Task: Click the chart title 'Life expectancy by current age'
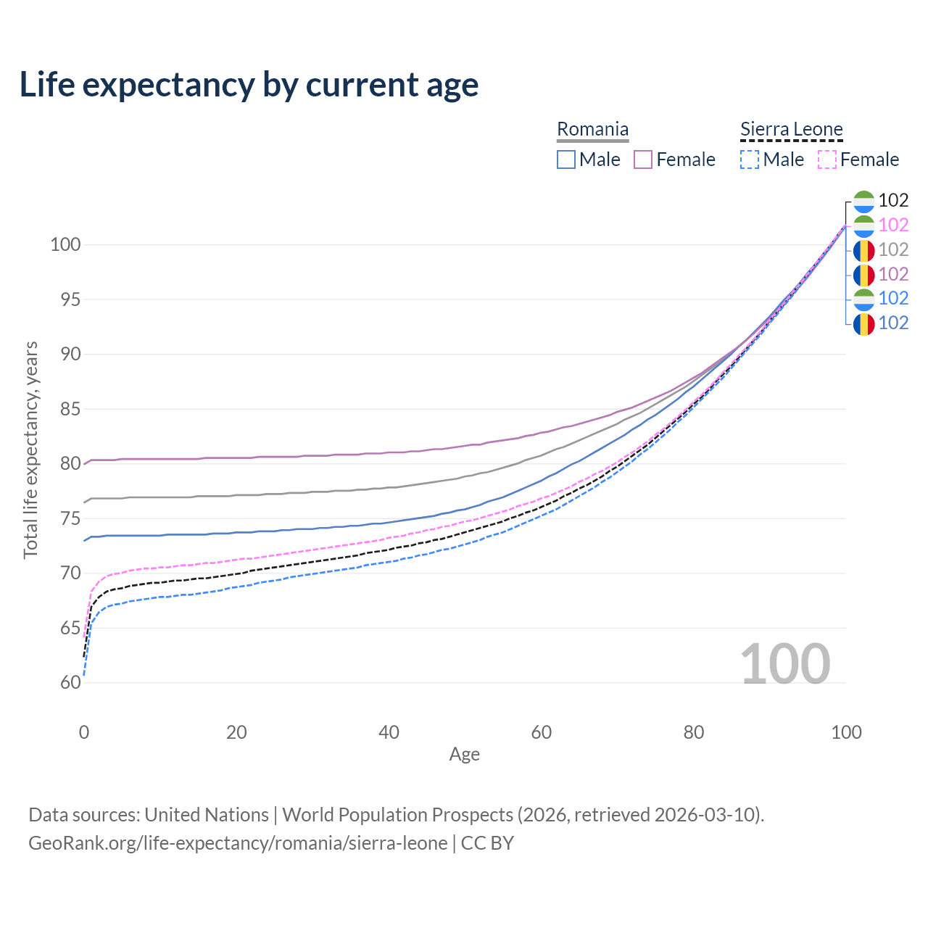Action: [x=249, y=84]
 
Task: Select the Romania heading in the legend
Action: [x=592, y=130]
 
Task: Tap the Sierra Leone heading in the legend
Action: [x=791, y=130]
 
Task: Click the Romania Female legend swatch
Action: [x=643, y=159]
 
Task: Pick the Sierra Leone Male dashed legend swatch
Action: [x=750, y=159]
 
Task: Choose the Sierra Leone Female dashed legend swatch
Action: [x=827, y=159]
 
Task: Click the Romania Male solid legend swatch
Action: [x=566, y=159]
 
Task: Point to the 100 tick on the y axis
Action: [x=65, y=244]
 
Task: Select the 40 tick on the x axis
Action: [x=389, y=732]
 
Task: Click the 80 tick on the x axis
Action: [x=694, y=732]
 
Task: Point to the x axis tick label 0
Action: [x=84, y=732]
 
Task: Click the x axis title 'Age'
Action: [x=464, y=755]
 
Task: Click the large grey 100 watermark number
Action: [x=784, y=664]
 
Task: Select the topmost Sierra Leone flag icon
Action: [x=863, y=201]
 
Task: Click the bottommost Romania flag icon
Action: [x=863, y=323]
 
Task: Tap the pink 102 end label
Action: [x=893, y=225]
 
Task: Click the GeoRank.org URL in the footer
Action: [x=238, y=843]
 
